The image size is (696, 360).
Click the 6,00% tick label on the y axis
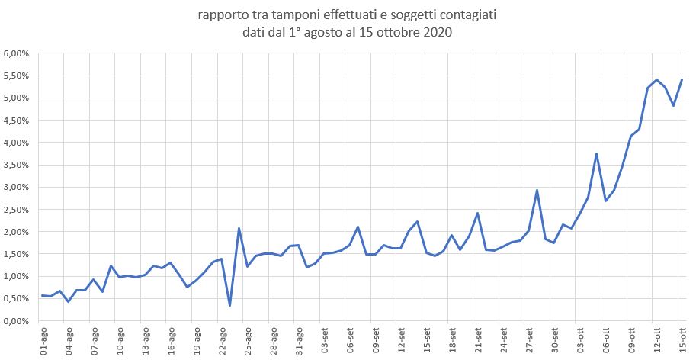tap(17, 53)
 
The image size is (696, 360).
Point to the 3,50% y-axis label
tap(17, 165)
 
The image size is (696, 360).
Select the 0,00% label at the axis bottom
tap(17, 321)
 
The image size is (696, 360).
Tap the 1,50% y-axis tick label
tap(17, 254)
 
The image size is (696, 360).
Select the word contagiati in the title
tap(468, 14)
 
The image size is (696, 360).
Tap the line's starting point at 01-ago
tap(43, 295)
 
